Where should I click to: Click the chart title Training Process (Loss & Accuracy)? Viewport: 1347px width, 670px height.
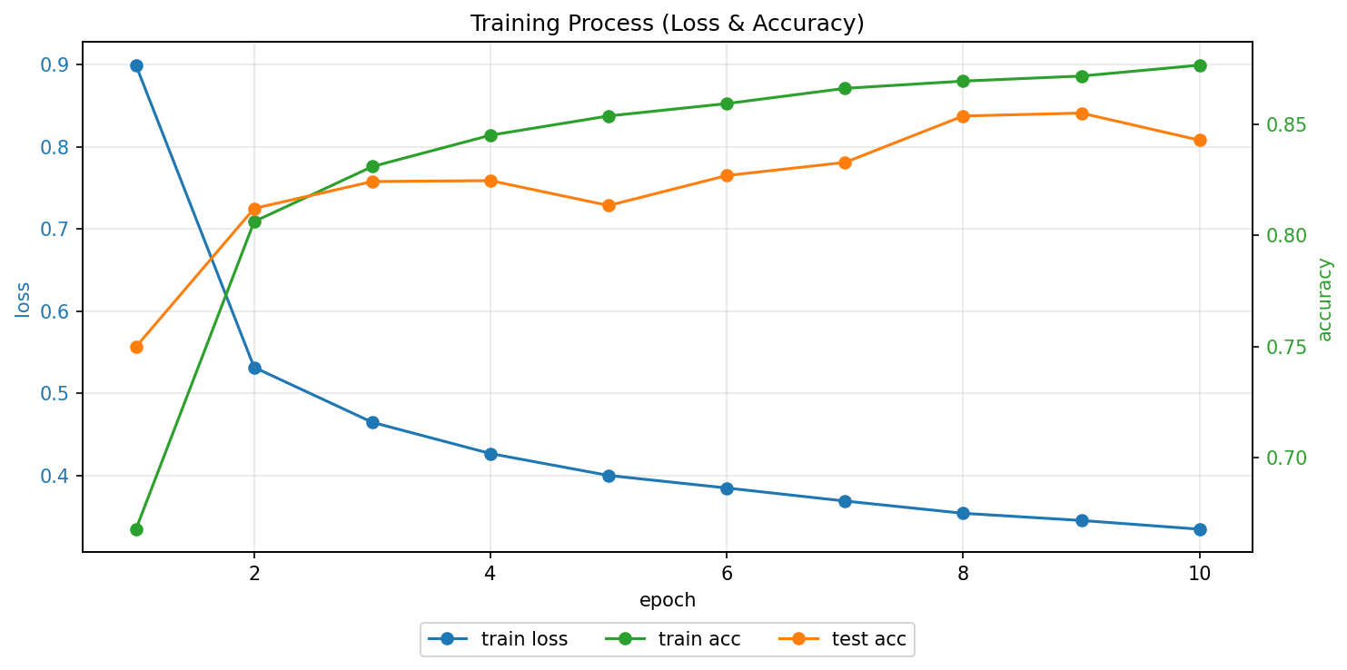pos(667,24)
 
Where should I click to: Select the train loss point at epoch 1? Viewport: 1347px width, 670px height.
pos(136,65)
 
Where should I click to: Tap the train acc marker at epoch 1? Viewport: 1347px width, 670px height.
pos(136,529)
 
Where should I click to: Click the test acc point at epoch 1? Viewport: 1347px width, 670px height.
pos(136,347)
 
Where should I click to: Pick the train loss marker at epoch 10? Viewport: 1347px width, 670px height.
pos(1200,529)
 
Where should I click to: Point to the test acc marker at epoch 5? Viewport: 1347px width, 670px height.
pos(609,205)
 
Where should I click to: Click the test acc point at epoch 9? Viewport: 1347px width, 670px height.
pos(1082,113)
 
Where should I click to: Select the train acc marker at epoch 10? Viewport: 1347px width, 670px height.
pos(1200,65)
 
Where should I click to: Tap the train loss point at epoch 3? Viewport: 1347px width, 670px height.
pos(372,422)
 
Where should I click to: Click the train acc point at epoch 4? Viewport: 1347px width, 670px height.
pos(490,135)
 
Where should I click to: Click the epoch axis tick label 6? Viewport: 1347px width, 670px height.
pos(727,573)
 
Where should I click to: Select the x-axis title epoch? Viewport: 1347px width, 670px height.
pos(667,600)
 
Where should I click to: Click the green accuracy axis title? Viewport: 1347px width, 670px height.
pos(1325,299)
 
